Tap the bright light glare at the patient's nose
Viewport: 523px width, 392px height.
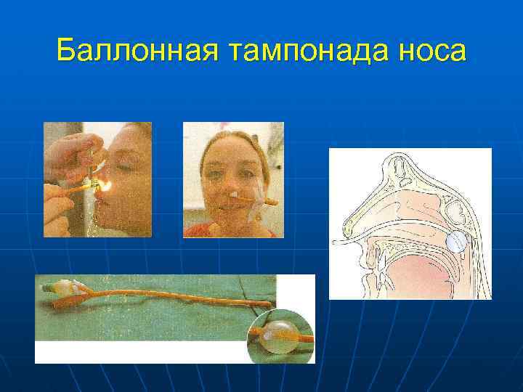(x=104, y=187)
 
